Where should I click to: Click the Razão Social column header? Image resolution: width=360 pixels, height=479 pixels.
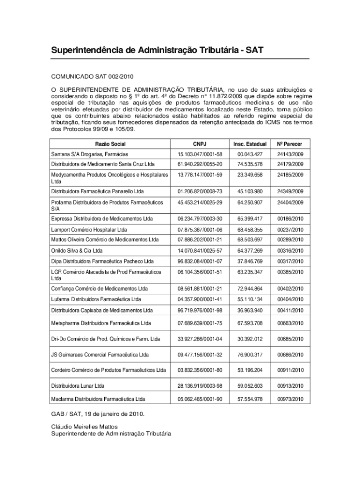(x=110, y=144)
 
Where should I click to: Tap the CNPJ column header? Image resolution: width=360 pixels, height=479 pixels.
(x=200, y=144)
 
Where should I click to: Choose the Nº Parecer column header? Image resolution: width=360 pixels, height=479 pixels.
(x=290, y=144)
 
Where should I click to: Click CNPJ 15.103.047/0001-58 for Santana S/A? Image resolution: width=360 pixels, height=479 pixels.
(x=200, y=154)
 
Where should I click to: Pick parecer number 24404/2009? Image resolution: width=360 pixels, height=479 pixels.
(x=290, y=202)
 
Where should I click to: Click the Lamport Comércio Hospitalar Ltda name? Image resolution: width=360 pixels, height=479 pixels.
(x=89, y=230)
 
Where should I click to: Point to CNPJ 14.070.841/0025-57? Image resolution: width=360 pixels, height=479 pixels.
(x=200, y=250)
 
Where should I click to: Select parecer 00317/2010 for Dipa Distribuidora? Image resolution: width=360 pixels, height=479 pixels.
(x=290, y=261)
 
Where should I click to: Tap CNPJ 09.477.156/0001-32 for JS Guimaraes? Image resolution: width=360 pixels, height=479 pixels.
(x=200, y=355)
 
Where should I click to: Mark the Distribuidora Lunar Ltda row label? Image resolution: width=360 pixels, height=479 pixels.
(x=78, y=386)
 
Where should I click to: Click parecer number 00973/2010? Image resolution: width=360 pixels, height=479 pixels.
(x=290, y=399)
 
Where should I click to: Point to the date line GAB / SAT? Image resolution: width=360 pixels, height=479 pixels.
(x=98, y=414)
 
